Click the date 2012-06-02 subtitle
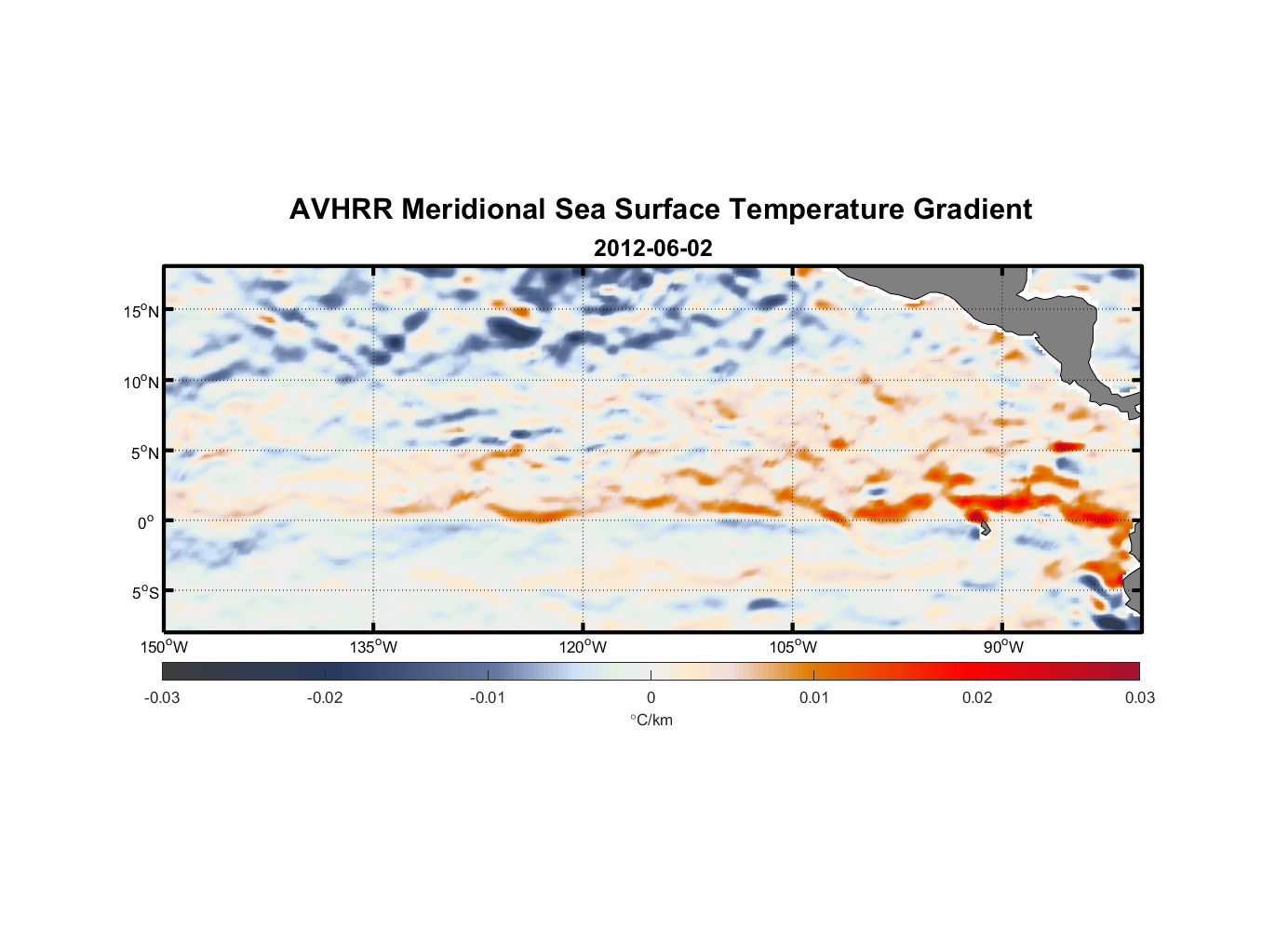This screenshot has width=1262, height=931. pyautogui.click(x=652, y=249)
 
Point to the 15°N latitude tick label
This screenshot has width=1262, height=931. pyautogui.click(x=141, y=311)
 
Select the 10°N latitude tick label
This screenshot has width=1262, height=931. pyautogui.click(x=141, y=382)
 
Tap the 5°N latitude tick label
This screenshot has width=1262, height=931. pyautogui.click(x=144, y=452)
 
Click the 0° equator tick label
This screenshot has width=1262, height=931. pyautogui.click(x=146, y=522)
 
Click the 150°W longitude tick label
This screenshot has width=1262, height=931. pyautogui.click(x=164, y=647)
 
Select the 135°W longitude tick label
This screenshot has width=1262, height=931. pyautogui.click(x=373, y=647)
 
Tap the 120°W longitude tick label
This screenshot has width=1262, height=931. pyautogui.click(x=583, y=647)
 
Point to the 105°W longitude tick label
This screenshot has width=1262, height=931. pyautogui.click(x=793, y=647)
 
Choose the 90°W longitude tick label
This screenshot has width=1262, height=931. pyautogui.click(x=1003, y=647)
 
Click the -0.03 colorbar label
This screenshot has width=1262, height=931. pyautogui.click(x=162, y=697)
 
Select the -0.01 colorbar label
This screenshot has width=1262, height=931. pyautogui.click(x=488, y=697)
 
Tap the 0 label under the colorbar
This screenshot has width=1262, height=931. pyautogui.click(x=651, y=697)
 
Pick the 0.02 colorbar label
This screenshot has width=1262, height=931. pyautogui.click(x=977, y=697)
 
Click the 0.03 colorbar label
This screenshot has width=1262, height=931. pyautogui.click(x=1139, y=697)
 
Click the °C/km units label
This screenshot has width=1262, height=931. pyautogui.click(x=651, y=720)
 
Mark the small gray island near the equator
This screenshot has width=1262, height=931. pyautogui.click(x=984, y=529)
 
